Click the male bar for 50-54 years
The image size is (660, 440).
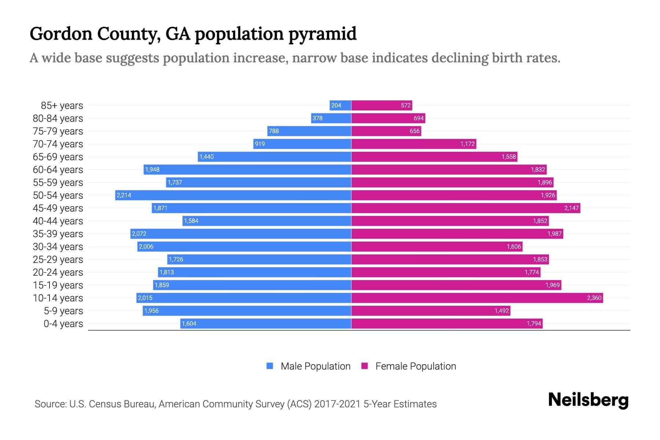(x=233, y=195)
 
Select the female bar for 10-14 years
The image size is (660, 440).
(x=477, y=298)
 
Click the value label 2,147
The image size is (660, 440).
(x=571, y=208)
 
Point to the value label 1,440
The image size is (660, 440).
(x=206, y=157)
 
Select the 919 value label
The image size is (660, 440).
(x=260, y=144)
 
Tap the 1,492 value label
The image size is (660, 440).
(x=502, y=311)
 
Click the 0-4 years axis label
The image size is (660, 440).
(x=63, y=324)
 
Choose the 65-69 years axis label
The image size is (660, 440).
(x=58, y=157)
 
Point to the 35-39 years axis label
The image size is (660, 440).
(x=58, y=234)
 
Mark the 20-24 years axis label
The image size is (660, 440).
(x=58, y=272)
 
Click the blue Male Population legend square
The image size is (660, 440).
(x=270, y=366)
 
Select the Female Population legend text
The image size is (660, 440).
(x=415, y=366)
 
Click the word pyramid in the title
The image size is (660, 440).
(x=322, y=34)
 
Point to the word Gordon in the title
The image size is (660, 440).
(x=61, y=33)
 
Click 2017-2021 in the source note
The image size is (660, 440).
(x=337, y=404)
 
